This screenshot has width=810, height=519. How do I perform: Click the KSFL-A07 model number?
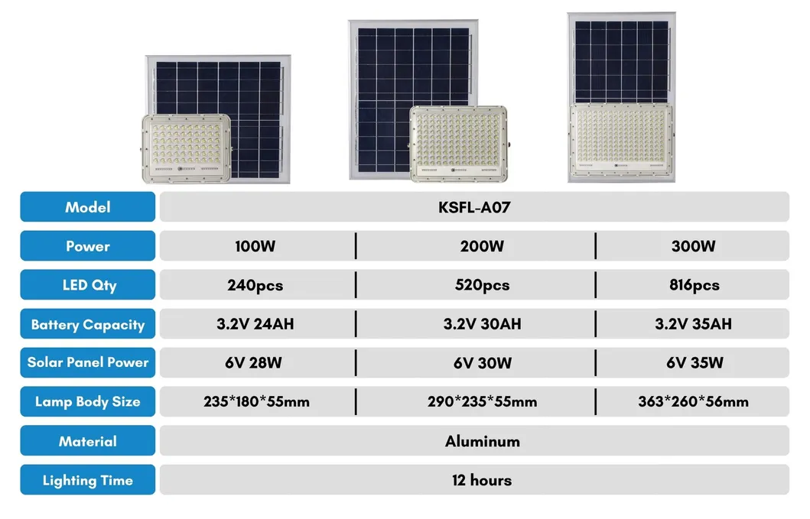pos(473,207)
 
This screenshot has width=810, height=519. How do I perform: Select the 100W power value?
pos(255,246)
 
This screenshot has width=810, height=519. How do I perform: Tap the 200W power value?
pos(482,246)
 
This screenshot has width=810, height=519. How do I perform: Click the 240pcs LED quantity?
pos(255,286)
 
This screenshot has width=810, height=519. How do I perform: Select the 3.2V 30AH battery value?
pos(482,324)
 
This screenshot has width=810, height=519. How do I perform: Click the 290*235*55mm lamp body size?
pos(482,402)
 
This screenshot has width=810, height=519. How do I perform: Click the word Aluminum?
pos(482,441)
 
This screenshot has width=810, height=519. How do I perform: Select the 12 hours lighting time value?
pos(482,481)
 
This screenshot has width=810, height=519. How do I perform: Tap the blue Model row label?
pos(88,207)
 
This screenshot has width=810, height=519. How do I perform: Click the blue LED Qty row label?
pos(88,286)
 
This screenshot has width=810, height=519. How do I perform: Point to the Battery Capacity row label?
pos(88,324)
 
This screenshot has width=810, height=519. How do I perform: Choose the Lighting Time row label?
pos(88,481)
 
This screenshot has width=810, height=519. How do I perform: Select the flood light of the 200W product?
pos(457,143)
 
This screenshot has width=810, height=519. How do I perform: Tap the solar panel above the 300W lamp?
pos(620,62)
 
